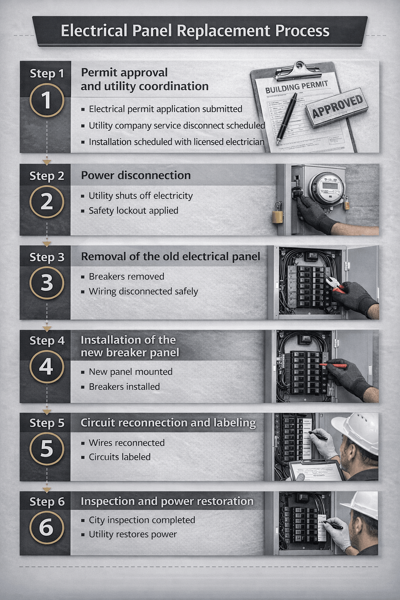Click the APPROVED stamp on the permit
click(337, 106)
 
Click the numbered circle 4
click(47, 367)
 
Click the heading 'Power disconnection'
click(136, 175)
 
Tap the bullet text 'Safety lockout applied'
click(133, 211)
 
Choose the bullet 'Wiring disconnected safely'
click(143, 291)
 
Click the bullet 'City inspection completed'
click(142, 520)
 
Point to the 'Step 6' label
click(47, 502)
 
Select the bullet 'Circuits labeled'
click(120, 457)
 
